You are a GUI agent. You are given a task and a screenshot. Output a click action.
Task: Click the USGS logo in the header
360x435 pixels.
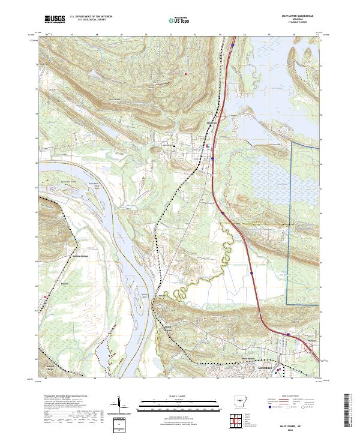(x=55, y=20)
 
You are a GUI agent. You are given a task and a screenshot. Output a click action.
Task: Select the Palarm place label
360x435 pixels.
(x=162, y=295)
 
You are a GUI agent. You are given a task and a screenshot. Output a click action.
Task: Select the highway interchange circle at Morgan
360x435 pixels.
(x=287, y=335)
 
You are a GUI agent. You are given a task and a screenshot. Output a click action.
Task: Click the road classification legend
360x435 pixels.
(x=289, y=403)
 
